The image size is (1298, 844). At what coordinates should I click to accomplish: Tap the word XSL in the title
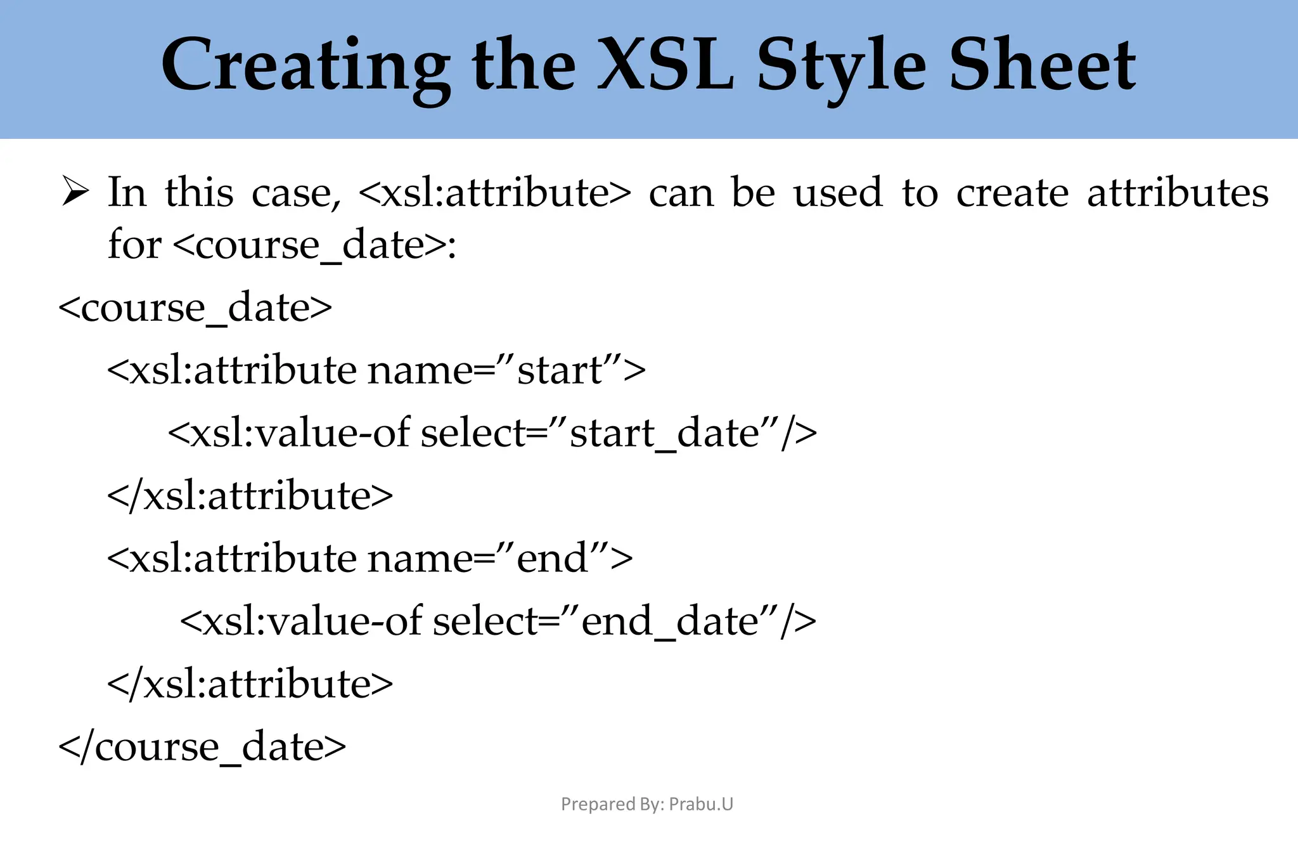[665, 65]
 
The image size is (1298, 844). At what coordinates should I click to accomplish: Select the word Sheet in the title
[1042, 65]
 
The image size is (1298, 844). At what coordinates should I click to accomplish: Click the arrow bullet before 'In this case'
[75, 191]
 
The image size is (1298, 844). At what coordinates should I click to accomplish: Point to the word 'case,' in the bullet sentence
[296, 192]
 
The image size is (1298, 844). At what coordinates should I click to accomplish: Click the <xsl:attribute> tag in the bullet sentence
[495, 192]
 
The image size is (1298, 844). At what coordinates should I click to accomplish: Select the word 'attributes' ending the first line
[1178, 192]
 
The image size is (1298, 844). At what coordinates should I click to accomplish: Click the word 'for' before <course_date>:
[134, 244]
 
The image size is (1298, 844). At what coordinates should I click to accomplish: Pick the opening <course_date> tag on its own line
[195, 308]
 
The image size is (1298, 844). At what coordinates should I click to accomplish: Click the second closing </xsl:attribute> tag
[250, 684]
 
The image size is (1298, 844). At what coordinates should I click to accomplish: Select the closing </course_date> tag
[202, 747]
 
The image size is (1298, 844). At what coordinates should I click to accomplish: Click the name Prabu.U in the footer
[701, 804]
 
